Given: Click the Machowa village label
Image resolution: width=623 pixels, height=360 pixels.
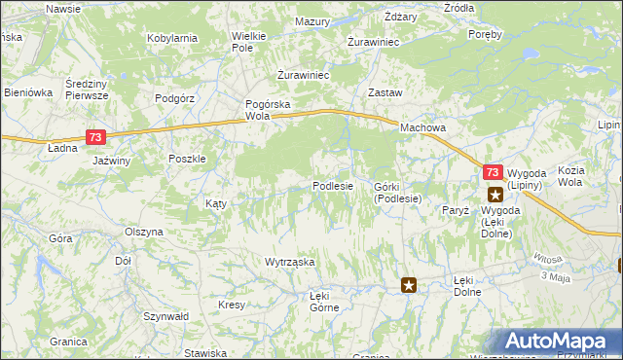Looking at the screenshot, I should (x=424, y=127).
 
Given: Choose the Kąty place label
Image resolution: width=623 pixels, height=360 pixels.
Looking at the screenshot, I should (x=215, y=203).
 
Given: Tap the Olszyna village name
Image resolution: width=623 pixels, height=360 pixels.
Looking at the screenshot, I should (x=144, y=233).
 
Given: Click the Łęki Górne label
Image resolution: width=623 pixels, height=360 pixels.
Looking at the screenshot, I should (x=324, y=301).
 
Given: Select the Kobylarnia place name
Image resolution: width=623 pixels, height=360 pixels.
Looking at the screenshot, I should (x=172, y=38).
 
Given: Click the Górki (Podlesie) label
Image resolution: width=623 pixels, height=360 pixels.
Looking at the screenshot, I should (x=395, y=192).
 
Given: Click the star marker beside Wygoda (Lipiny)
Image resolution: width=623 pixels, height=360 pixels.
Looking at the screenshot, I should (x=495, y=194).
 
